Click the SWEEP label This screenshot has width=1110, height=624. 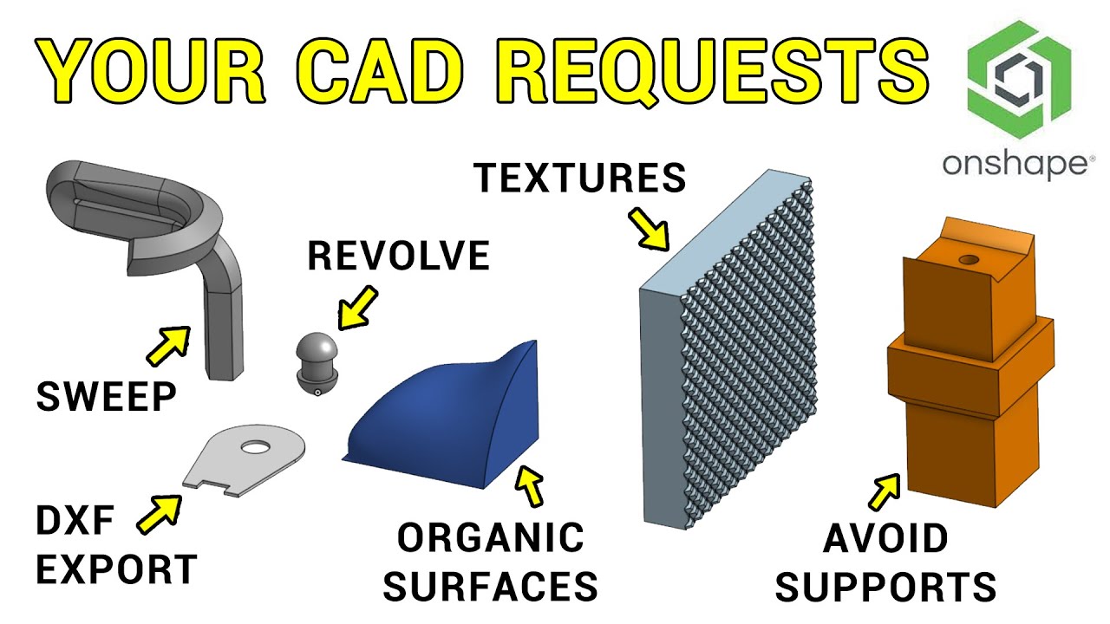click(106, 397)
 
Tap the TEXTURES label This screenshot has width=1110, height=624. click(579, 178)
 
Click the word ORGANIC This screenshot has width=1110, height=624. click(491, 538)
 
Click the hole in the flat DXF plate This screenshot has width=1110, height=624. click(255, 448)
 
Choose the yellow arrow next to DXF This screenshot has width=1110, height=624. click(160, 513)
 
